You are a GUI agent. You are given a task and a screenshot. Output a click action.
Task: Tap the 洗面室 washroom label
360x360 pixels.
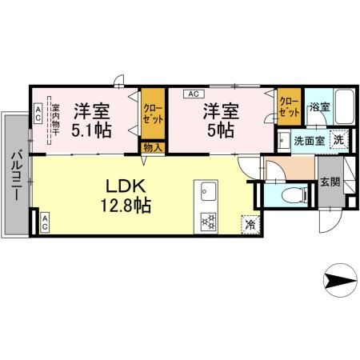coord(308,141)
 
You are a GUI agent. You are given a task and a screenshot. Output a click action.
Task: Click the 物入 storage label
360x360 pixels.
coord(151,146)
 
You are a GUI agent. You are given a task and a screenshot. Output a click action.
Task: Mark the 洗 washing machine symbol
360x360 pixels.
coord(339,138)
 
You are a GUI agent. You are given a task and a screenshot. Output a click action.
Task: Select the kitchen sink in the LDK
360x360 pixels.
coord(208,193)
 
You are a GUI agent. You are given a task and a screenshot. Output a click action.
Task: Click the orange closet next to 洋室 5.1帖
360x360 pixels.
coord(151,113)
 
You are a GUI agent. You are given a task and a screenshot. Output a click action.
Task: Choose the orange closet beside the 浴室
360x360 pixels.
coord(288,108)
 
